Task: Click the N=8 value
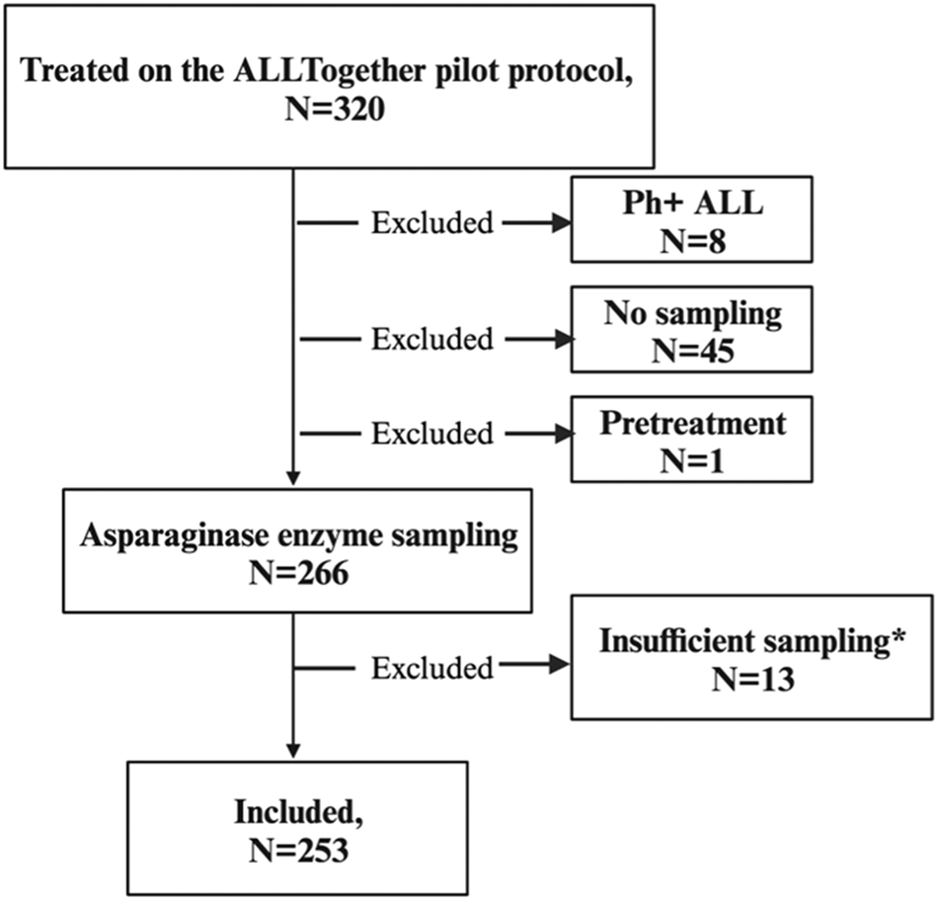[691, 240]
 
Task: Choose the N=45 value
[691, 351]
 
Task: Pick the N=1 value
[691, 460]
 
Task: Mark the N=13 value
[752, 681]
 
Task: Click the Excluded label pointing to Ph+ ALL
[431, 223]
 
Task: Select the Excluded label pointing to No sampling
[431, 339]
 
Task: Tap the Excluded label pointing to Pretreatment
[431, 433]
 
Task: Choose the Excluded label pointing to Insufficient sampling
[431, 668]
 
